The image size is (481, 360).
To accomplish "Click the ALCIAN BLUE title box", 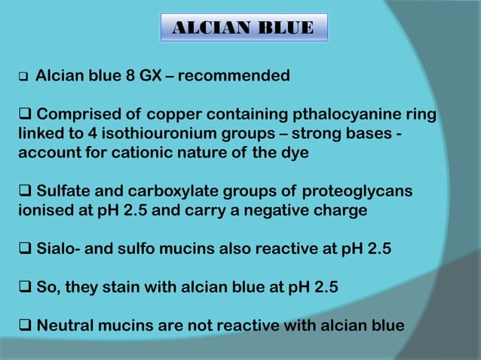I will coord(244,28).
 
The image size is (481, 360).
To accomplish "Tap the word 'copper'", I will coord(173,115).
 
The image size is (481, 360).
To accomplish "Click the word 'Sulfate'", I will coord(64,191).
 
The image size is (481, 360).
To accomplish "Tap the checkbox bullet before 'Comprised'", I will coord(24,115).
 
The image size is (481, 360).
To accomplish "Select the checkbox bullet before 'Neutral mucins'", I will coord(24,326).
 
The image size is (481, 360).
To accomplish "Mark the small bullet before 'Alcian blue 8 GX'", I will coord(23,78).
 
